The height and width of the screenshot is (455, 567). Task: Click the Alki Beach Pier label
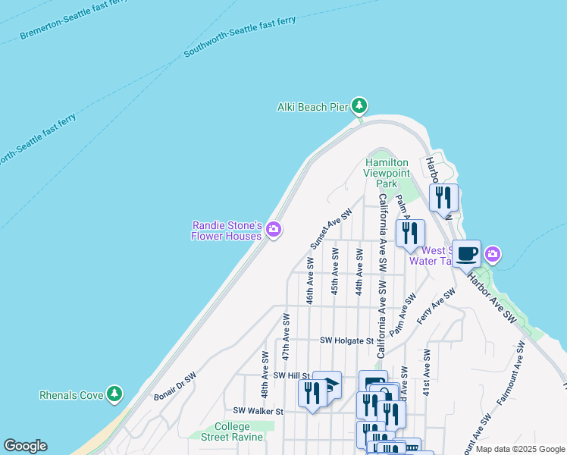[312, 107]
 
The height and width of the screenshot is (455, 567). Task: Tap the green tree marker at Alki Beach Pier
[359, 105]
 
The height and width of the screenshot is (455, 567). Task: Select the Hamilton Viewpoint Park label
[387, 173]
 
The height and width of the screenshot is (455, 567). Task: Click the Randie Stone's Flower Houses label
[227, 231]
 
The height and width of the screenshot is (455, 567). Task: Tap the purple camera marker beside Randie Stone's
[274, 230]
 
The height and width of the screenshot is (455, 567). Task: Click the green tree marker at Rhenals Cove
[114, 394]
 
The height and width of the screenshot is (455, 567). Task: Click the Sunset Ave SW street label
[331, 229]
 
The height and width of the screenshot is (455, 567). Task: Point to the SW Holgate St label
[347, 341]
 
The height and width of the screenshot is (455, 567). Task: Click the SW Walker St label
[258, 411]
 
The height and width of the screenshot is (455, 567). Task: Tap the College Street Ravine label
[231, 431]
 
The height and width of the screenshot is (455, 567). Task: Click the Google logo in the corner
[25, 446]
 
